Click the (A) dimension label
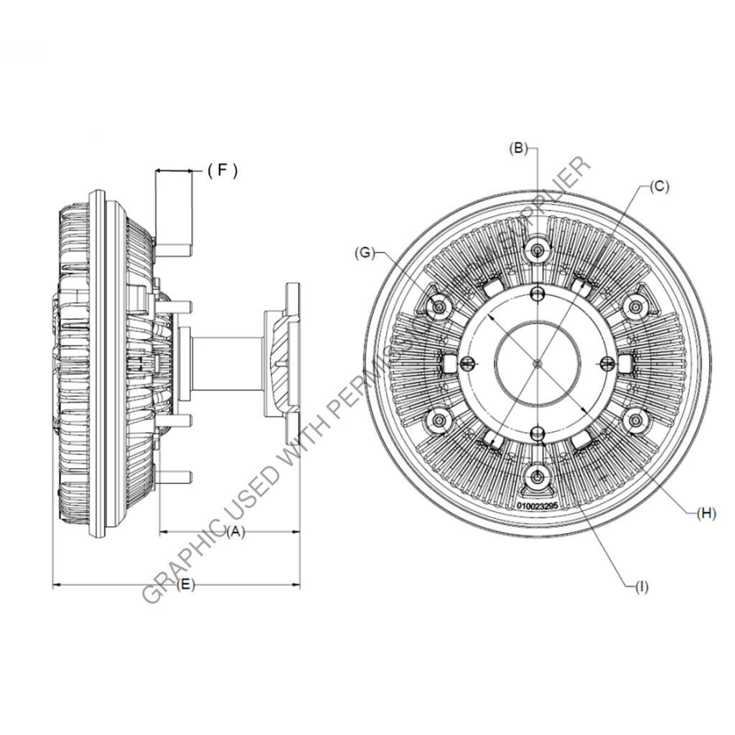coord(235,532)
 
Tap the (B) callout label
coord(518,149)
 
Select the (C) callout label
coord(659,186)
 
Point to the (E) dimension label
coord(184,585)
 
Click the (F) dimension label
coord(222,170)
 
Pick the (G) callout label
coord(365,252)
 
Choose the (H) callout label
coord(708,512)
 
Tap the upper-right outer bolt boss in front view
coord(635,307)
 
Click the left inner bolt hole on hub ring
coord(468,362)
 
